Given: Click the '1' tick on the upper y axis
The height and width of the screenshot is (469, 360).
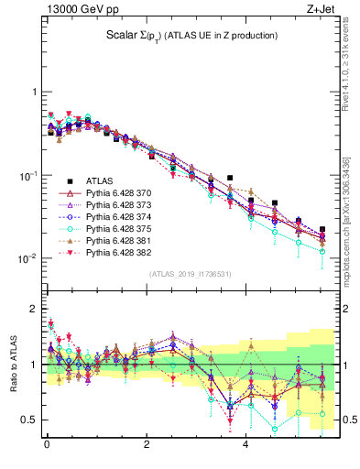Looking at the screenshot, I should click(x=34, y=93).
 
